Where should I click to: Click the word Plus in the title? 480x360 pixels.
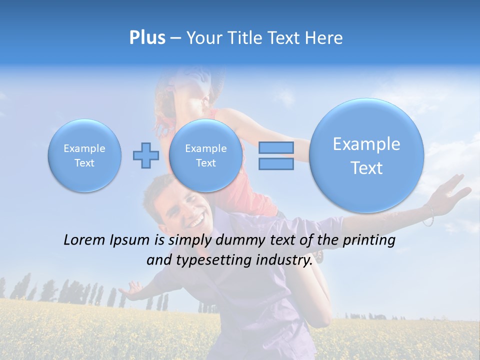click(x=147, y=38)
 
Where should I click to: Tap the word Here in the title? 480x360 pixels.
click(x=324, y=38)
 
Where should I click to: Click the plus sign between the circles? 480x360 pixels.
click(x=145, y=155)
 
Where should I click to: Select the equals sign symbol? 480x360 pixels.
click(x=276, y=155)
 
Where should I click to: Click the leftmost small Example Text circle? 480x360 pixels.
click(x=84, y=155)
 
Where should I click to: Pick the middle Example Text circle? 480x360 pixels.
click(x=205, y=155)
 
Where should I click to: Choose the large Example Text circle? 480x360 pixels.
click(x=366, y=155)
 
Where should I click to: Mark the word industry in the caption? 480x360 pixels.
click(x=284, y=260)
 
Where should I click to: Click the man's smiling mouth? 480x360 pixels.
click(x=196, y=220)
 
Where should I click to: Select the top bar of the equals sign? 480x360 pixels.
click(x=276, y=147)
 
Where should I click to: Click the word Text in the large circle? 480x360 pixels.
click(x=366, y=168)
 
